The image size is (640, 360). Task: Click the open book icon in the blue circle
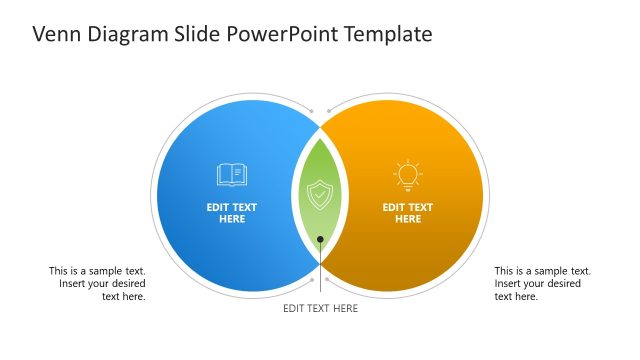pos(232,175)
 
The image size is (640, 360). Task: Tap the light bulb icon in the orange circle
pos(407,175)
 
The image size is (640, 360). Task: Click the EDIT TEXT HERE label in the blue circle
pos(232,213)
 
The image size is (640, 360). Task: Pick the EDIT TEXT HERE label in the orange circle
pos(408,213)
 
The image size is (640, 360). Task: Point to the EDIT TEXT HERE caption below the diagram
pos(320,308)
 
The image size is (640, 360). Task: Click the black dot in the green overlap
pos(320,239)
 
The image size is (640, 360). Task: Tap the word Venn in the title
pos(56,34)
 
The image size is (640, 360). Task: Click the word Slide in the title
pos(196,34)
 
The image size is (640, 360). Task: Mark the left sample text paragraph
pos(97,283)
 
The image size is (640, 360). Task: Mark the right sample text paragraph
pos(542,283)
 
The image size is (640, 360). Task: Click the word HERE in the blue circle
pos(232,219)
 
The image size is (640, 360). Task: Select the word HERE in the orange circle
pos(408,219)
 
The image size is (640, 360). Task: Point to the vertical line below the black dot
pos(320,256)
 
